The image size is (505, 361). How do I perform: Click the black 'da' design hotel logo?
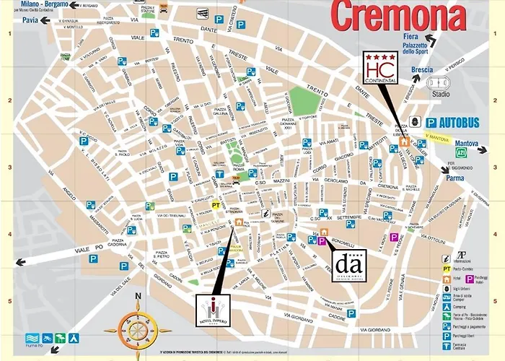pos(350,265)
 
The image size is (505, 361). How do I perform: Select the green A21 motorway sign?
pos(460,153)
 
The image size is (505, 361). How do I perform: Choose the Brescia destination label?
pos(421,70)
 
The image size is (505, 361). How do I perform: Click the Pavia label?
pos(30,20)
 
